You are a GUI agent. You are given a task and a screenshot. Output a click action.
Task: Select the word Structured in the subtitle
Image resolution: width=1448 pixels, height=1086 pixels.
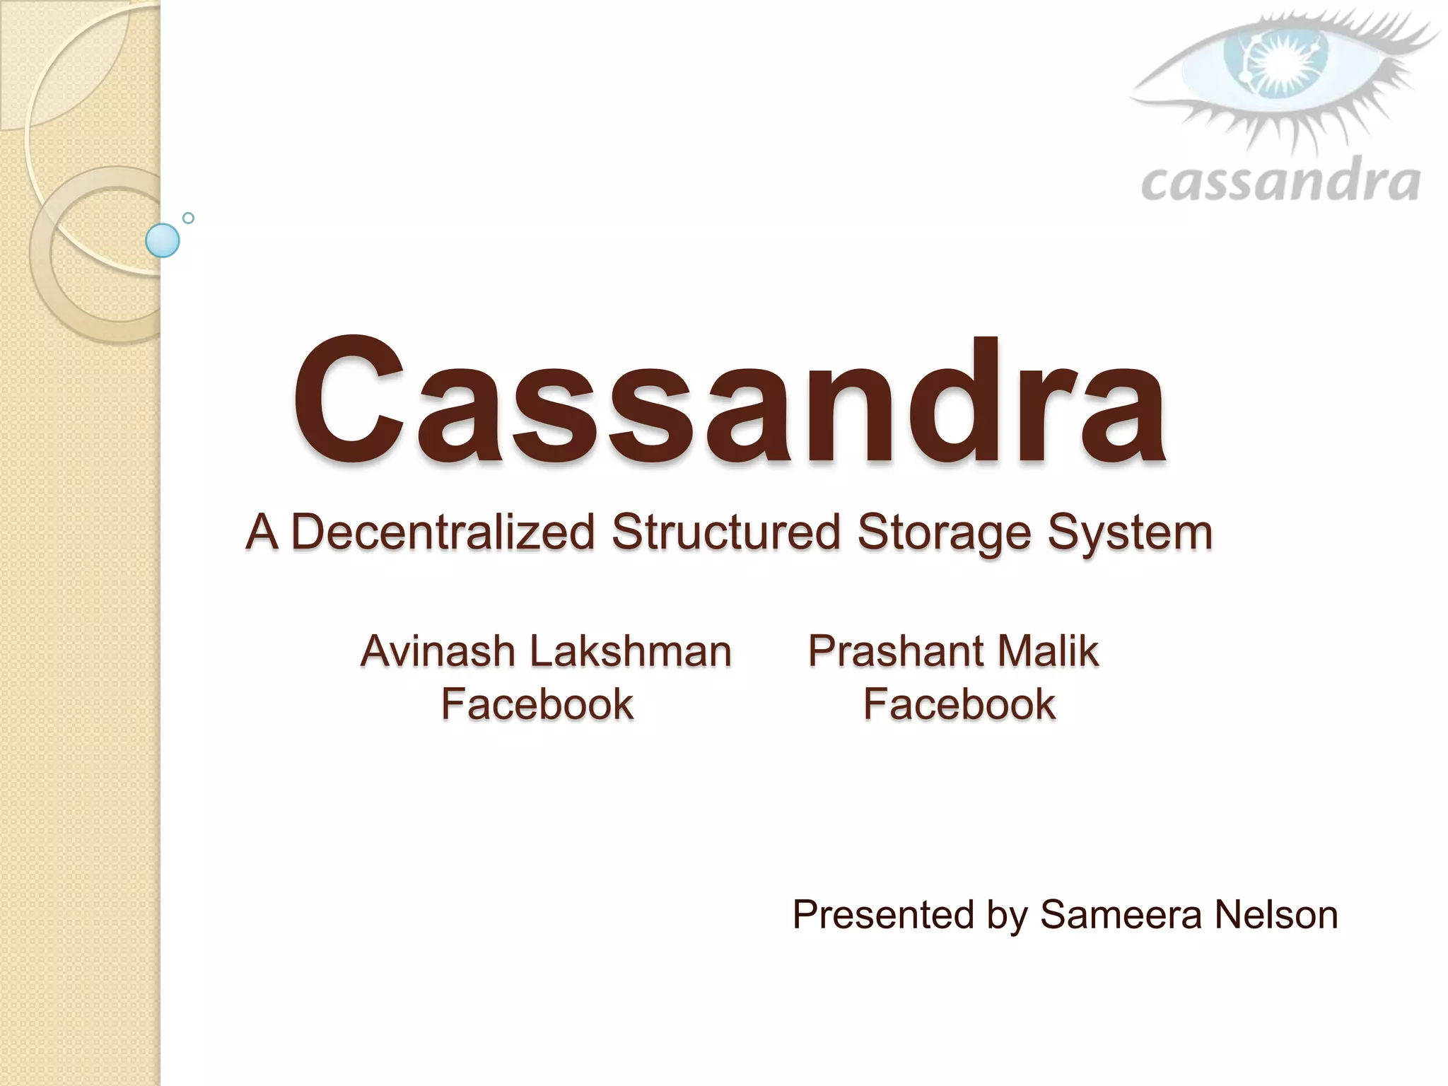(x=726, y=532)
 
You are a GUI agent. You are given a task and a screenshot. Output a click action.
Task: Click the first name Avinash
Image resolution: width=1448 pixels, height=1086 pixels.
(x=438, y=650)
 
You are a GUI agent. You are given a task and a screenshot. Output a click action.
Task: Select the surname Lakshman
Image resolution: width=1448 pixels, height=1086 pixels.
(x=631, y=650)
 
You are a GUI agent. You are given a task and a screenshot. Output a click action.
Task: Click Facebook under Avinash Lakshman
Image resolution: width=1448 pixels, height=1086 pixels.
(x=537, y=704)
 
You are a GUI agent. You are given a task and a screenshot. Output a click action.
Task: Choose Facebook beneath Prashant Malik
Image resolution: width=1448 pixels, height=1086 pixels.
(x=959, y=704)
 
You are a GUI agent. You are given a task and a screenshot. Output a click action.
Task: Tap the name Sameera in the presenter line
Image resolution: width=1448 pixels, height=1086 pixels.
(x=1121, y=915)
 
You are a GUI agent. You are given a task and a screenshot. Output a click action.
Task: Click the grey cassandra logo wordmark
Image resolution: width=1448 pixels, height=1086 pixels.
(x=1280, y=182)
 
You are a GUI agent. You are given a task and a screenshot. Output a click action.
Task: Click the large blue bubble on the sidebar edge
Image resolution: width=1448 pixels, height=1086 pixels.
(x=163, y=240)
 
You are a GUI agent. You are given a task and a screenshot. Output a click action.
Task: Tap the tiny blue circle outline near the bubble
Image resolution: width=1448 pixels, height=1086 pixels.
(x=188, y=218)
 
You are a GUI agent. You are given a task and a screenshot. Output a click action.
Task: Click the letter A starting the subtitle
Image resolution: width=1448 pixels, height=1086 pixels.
(x=261, y=532)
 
